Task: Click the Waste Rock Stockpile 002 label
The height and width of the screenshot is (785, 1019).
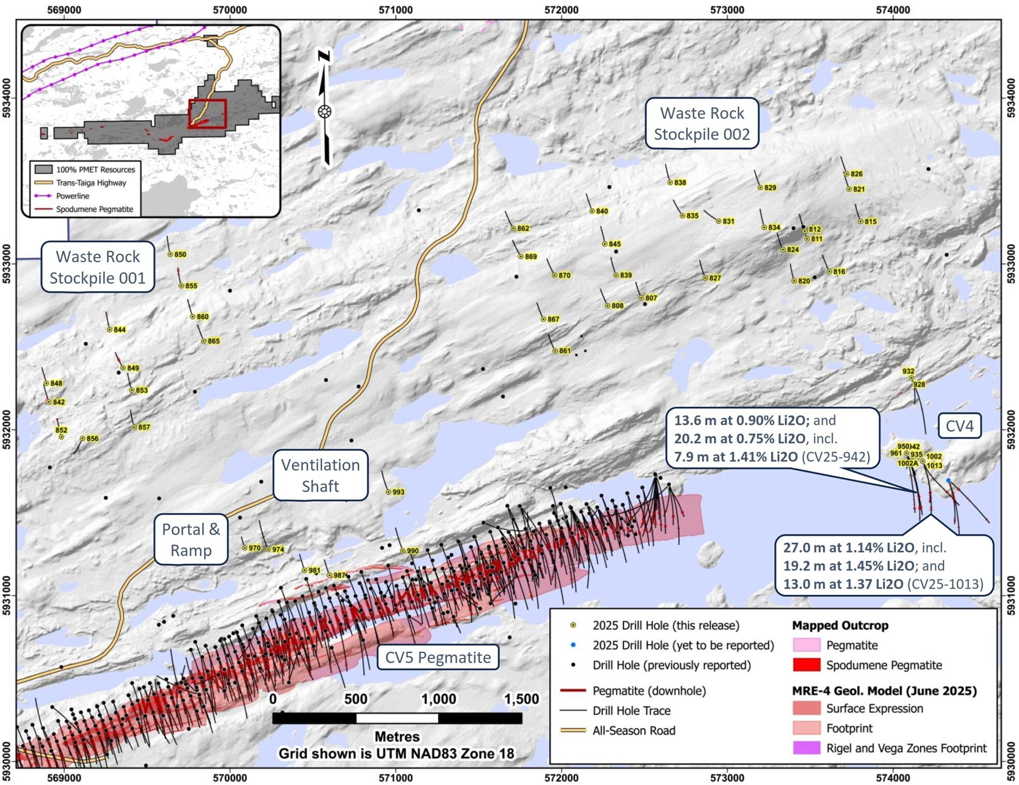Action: [702, 124]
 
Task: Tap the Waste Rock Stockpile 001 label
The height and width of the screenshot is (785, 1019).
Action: [98, 267]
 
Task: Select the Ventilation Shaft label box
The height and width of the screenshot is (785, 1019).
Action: [320, 475]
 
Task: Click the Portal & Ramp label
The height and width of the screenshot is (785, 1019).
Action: [191, 540]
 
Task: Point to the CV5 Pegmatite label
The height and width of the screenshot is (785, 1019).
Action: [438, 657]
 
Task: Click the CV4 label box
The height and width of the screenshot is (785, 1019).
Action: [959, 426]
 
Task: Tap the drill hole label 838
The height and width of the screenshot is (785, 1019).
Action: [680, 182]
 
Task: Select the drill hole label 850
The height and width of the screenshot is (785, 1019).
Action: [180, 254]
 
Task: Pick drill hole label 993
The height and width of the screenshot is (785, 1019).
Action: [398, 492]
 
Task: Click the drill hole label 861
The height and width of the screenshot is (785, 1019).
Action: [565, 351]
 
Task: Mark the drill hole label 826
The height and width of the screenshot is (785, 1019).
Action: [856, 174]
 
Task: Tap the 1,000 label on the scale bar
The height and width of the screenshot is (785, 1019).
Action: [438, 699]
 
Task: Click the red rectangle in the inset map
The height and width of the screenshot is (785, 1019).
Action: [207, 114]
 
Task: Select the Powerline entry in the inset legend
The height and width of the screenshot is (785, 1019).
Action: [72, 196]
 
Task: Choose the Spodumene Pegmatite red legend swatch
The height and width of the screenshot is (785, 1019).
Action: [806, 665]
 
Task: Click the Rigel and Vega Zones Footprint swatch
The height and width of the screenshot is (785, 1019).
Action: [806, 748]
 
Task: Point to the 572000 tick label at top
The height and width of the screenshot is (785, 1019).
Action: [561, 9]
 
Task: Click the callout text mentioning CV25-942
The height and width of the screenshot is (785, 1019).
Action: [772, 438]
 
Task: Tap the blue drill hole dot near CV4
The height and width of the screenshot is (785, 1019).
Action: [948, 481]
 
